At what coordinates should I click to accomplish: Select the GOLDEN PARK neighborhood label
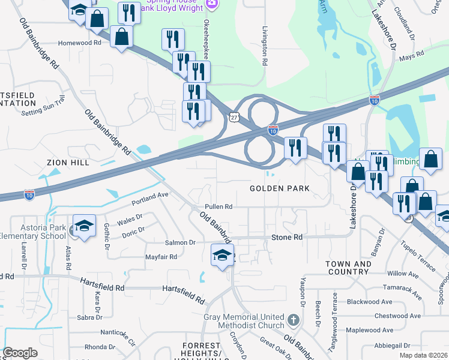[x=280, y=188]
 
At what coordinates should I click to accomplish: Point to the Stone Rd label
[x=287, y=238]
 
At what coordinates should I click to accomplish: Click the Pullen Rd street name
[x=218, y=206]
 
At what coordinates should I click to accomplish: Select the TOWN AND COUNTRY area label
[x=348, y=268]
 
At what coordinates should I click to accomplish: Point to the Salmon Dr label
[x=180, y=242]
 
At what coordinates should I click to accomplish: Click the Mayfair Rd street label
[x=161, y=257]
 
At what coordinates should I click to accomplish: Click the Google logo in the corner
[x=20, y=353]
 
